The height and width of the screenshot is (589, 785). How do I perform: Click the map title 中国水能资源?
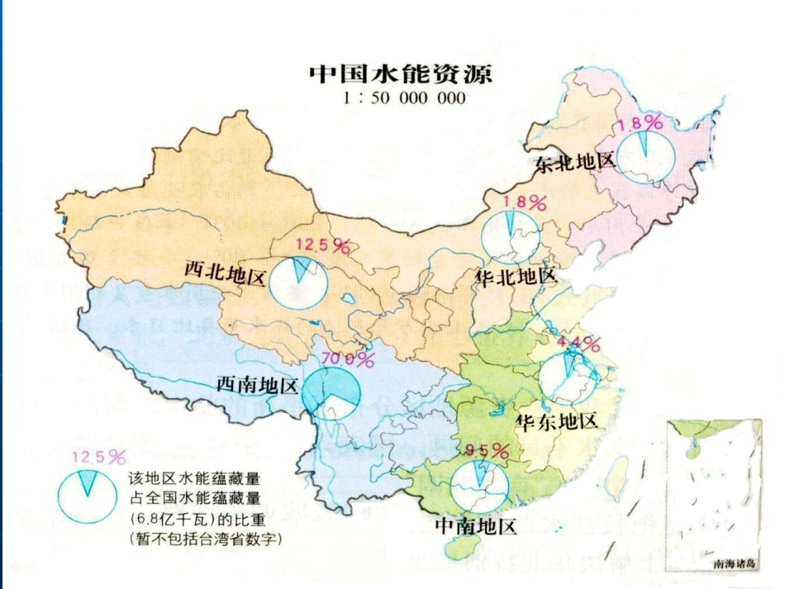coord(401,74)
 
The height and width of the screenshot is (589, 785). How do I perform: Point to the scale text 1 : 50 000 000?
coord(401,98)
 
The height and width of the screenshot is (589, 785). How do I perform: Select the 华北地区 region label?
coord(516,277)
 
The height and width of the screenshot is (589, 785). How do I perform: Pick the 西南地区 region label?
coord(257,385)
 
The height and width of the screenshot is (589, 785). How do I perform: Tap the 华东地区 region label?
coord(556,421)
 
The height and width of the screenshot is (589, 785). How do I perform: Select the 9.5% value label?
coord(487,449)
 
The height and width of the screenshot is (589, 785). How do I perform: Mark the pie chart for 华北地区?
coord(510,235)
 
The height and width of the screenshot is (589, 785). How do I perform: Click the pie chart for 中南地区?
coord(479,486)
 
